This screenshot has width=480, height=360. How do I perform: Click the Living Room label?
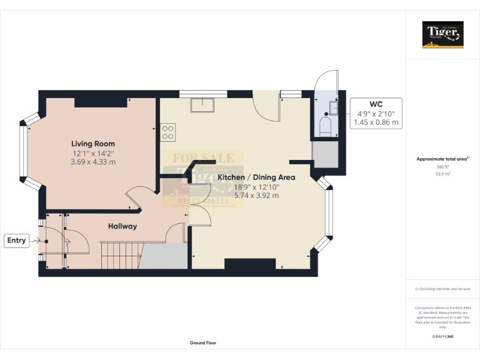point(93,144)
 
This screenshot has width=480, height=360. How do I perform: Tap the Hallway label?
point(122,226)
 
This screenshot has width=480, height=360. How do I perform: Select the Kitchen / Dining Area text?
point(256,177)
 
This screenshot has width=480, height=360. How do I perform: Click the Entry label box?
point(16,240)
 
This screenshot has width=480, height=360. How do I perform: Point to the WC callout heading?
point(376,104)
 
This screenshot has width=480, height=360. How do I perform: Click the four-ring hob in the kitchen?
point(167,132)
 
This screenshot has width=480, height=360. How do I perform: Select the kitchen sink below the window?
point(202,105)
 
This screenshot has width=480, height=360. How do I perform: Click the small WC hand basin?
point(332,107)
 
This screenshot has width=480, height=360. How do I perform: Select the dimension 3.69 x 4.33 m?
point(94,162)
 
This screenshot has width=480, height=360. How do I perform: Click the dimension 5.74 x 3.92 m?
point(256,196)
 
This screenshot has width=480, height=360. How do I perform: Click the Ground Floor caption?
point(203,343)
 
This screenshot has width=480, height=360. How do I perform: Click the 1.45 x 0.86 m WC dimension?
point(376,122)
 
